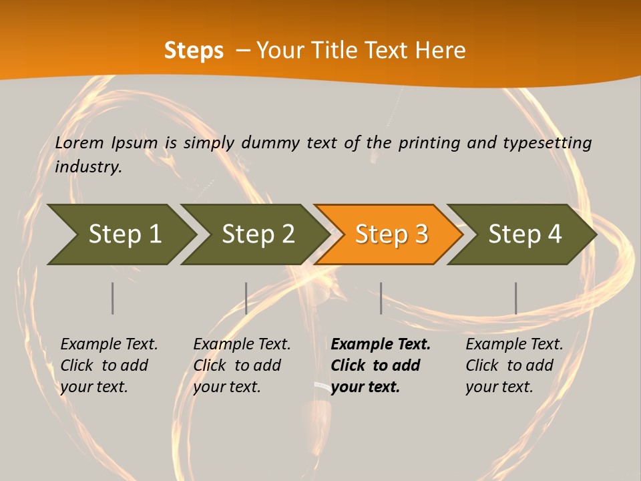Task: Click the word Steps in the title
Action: point(194,51)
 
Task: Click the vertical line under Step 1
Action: point(113,298)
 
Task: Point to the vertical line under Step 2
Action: point(246,298)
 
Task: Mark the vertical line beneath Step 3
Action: point(381,298)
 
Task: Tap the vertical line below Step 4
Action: point(516,298)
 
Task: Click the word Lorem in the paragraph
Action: point(79,142)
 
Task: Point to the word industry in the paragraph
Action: point(88,166)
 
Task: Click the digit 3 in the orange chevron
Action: point(421,234)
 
